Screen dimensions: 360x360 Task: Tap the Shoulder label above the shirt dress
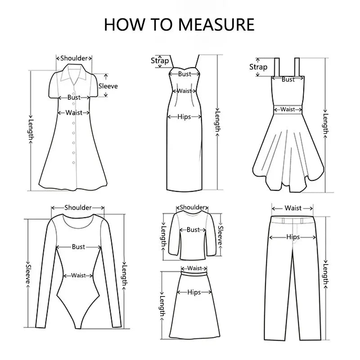74,58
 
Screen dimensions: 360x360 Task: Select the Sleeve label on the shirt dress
108,86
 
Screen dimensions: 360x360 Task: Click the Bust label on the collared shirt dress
74,97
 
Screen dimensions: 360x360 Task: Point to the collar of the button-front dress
74,72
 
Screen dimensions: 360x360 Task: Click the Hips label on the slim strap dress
184,117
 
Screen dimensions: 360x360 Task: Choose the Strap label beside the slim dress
160,61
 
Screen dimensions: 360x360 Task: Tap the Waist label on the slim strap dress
184,91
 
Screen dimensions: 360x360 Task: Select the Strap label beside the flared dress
258,67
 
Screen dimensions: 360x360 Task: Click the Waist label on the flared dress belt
288,109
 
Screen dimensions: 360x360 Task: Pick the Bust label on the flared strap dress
288,80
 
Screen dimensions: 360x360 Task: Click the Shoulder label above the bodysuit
78,207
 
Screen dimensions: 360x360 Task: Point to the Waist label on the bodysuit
78,275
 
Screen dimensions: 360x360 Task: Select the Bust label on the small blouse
193,229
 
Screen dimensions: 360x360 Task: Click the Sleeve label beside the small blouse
220,235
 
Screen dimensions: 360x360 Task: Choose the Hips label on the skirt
194,292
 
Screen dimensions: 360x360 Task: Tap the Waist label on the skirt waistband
194,268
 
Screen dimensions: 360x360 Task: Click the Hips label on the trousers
293,237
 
